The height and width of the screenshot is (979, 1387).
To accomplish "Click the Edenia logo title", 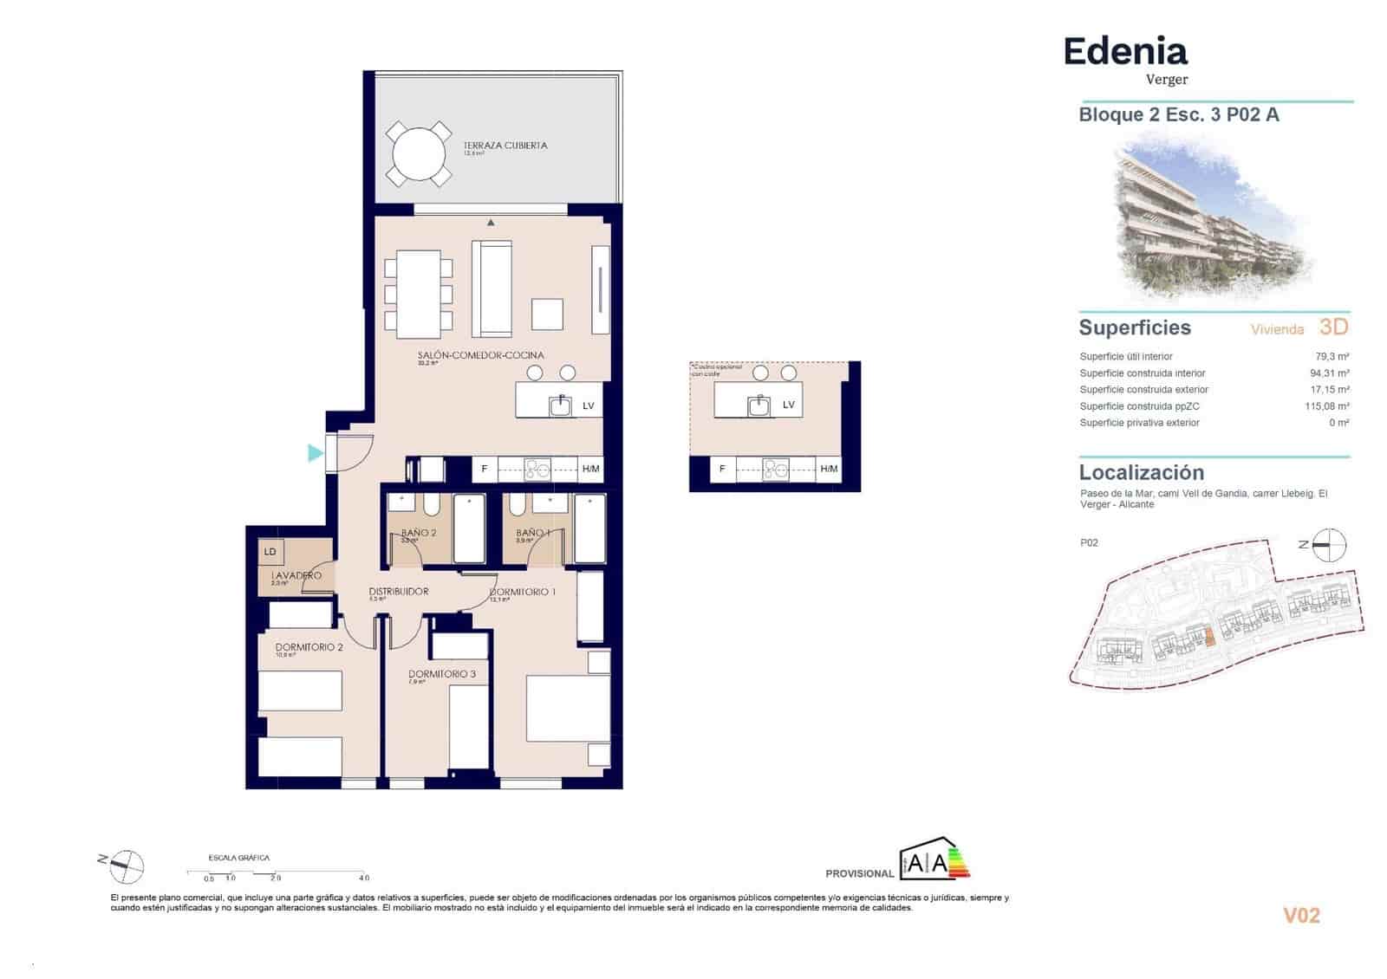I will (1124, 52).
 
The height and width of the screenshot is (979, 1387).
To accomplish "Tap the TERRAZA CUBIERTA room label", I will (505, 146).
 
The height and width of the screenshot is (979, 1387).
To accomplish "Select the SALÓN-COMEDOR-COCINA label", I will (480, 355).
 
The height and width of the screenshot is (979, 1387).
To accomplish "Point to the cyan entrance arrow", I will (315, 452).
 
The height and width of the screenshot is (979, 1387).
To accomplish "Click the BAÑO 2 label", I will (419, 533).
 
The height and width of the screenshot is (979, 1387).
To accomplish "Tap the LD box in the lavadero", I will (270, 551).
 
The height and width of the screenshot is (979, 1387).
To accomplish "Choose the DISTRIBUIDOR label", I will (399, 592).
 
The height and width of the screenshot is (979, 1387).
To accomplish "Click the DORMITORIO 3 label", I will (442, 674).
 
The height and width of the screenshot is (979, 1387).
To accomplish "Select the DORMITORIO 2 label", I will (309, 647).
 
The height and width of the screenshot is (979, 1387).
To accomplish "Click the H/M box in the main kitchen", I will (590, 469).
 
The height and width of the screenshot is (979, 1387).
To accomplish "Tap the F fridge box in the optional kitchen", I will (722, 469).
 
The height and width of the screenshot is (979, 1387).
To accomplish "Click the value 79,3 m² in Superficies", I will (1332, 356).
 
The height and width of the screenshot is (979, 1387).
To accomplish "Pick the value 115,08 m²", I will (1326, 405).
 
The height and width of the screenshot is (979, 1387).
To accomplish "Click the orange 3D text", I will (1333, 327).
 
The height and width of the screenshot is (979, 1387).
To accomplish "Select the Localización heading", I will (1141, 473).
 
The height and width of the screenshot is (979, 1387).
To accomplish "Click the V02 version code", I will (1300, 916).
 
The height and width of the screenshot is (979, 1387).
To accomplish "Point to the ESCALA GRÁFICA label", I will (239, 858).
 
